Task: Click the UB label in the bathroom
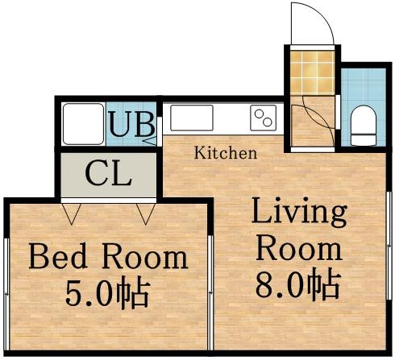pyautogui.click(x=131, y=125)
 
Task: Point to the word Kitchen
pyautogui.click(x=226, y=152)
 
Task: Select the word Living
pyautogui.click(x=298, y=213)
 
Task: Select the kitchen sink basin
pyautogui.click(x=191, y=118)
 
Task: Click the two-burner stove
pyautogui.click(x=263, y=119)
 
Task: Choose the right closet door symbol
pyautogui.click(x=147, y=213)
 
